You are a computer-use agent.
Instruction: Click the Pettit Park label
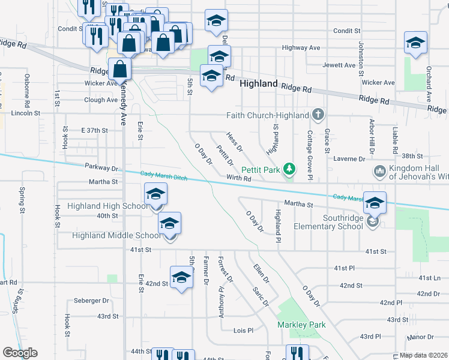point(262,170)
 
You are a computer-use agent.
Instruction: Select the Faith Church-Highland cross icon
point(319,115)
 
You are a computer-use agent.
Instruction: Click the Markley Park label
point(301,325)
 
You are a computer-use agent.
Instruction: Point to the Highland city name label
point(259,84)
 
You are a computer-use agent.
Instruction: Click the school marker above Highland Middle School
point(170,224)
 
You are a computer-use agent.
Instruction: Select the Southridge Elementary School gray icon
point(372,222)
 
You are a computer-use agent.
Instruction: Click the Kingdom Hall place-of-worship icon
point(379,172)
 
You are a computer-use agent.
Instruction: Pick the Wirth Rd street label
point(238,178)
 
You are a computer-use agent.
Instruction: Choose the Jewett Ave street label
point(339,65)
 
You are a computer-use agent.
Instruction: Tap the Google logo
point(20,353)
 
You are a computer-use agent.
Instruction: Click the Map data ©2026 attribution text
point(423,355)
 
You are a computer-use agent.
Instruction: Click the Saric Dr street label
point(261,295)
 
